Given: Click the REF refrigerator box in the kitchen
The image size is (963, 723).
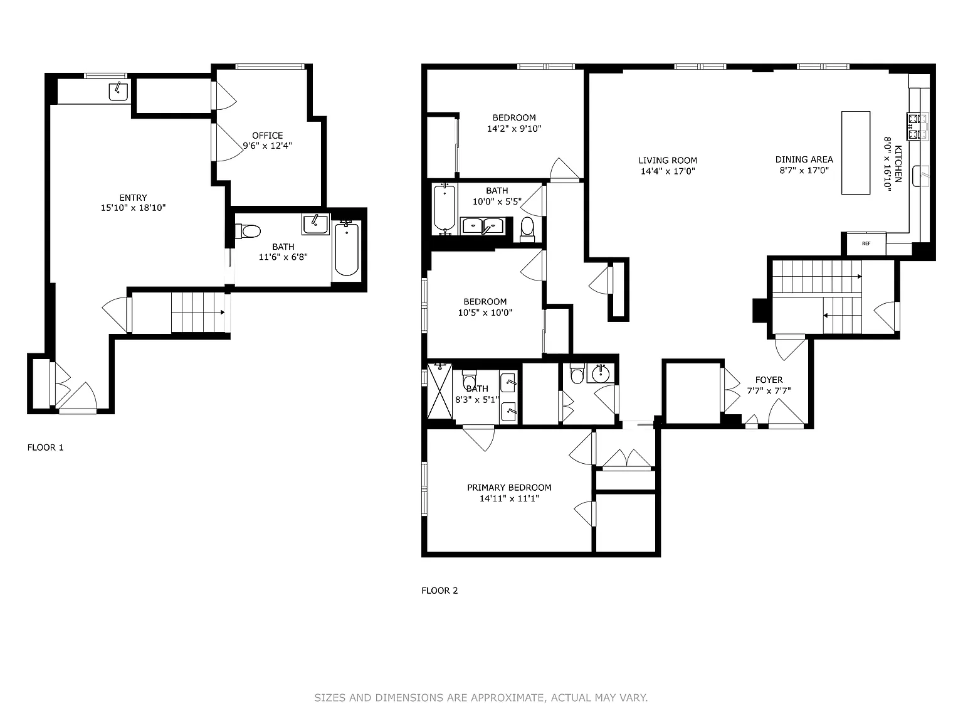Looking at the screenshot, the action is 866,243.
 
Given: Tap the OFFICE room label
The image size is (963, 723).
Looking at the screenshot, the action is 267,136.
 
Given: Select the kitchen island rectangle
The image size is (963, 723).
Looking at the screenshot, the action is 856,153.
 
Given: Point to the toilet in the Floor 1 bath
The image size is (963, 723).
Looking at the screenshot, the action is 248,231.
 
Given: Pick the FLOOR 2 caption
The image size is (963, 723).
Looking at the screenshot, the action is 439,591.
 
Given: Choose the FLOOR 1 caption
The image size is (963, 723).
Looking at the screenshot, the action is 45,447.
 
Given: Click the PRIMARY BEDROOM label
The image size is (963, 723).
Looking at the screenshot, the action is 509,487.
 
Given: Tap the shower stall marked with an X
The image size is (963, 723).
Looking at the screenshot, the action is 439,391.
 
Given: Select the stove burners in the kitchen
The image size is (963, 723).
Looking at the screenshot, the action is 917,126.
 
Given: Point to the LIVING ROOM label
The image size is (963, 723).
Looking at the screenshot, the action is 667,160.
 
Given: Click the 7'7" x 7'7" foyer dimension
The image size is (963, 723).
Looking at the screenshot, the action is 769,391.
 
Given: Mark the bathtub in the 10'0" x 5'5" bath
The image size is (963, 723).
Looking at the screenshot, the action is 445,208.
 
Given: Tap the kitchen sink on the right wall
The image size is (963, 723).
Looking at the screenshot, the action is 921,176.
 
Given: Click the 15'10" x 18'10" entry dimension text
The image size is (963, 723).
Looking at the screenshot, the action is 133,208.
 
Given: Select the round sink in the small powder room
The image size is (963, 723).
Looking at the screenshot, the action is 601,374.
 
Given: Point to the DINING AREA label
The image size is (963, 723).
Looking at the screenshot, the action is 804,159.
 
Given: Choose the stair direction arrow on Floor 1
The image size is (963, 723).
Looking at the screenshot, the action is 198,312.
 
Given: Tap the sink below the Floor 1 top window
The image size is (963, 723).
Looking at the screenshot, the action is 118,91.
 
